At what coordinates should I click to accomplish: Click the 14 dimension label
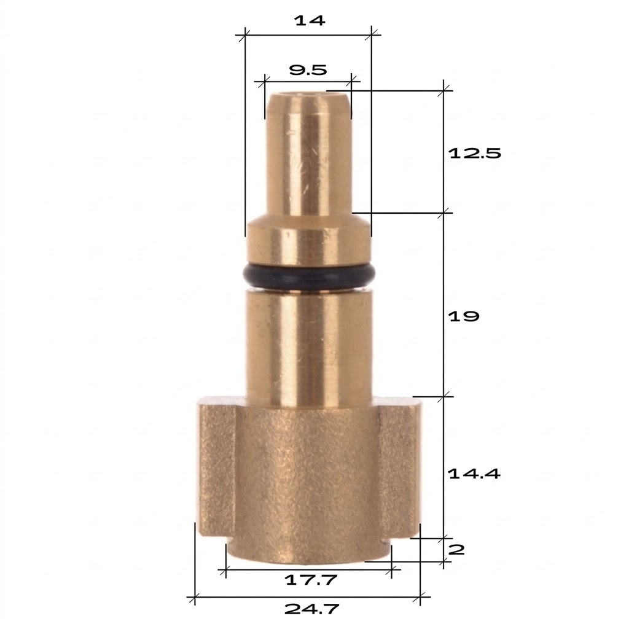pyautogui.click(x=310, y=20)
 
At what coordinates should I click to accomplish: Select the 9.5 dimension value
pyautogui.click(x=308, y=71)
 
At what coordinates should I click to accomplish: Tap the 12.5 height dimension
pyautogui.click(x=475, y=153)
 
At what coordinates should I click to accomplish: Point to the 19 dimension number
pyautogui.click(x=463, y=316)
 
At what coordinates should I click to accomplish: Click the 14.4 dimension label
pyautogui.click(x=474, y=474)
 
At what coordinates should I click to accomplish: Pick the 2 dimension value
pyautogui.click(x=456, y=550)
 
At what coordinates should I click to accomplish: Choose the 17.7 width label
pyautogui.click(x=311, y=580)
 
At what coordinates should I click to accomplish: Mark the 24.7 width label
pyautogui.click(x=311, y=609)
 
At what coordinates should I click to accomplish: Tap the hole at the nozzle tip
pyautogui.click(x=308, y=95)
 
